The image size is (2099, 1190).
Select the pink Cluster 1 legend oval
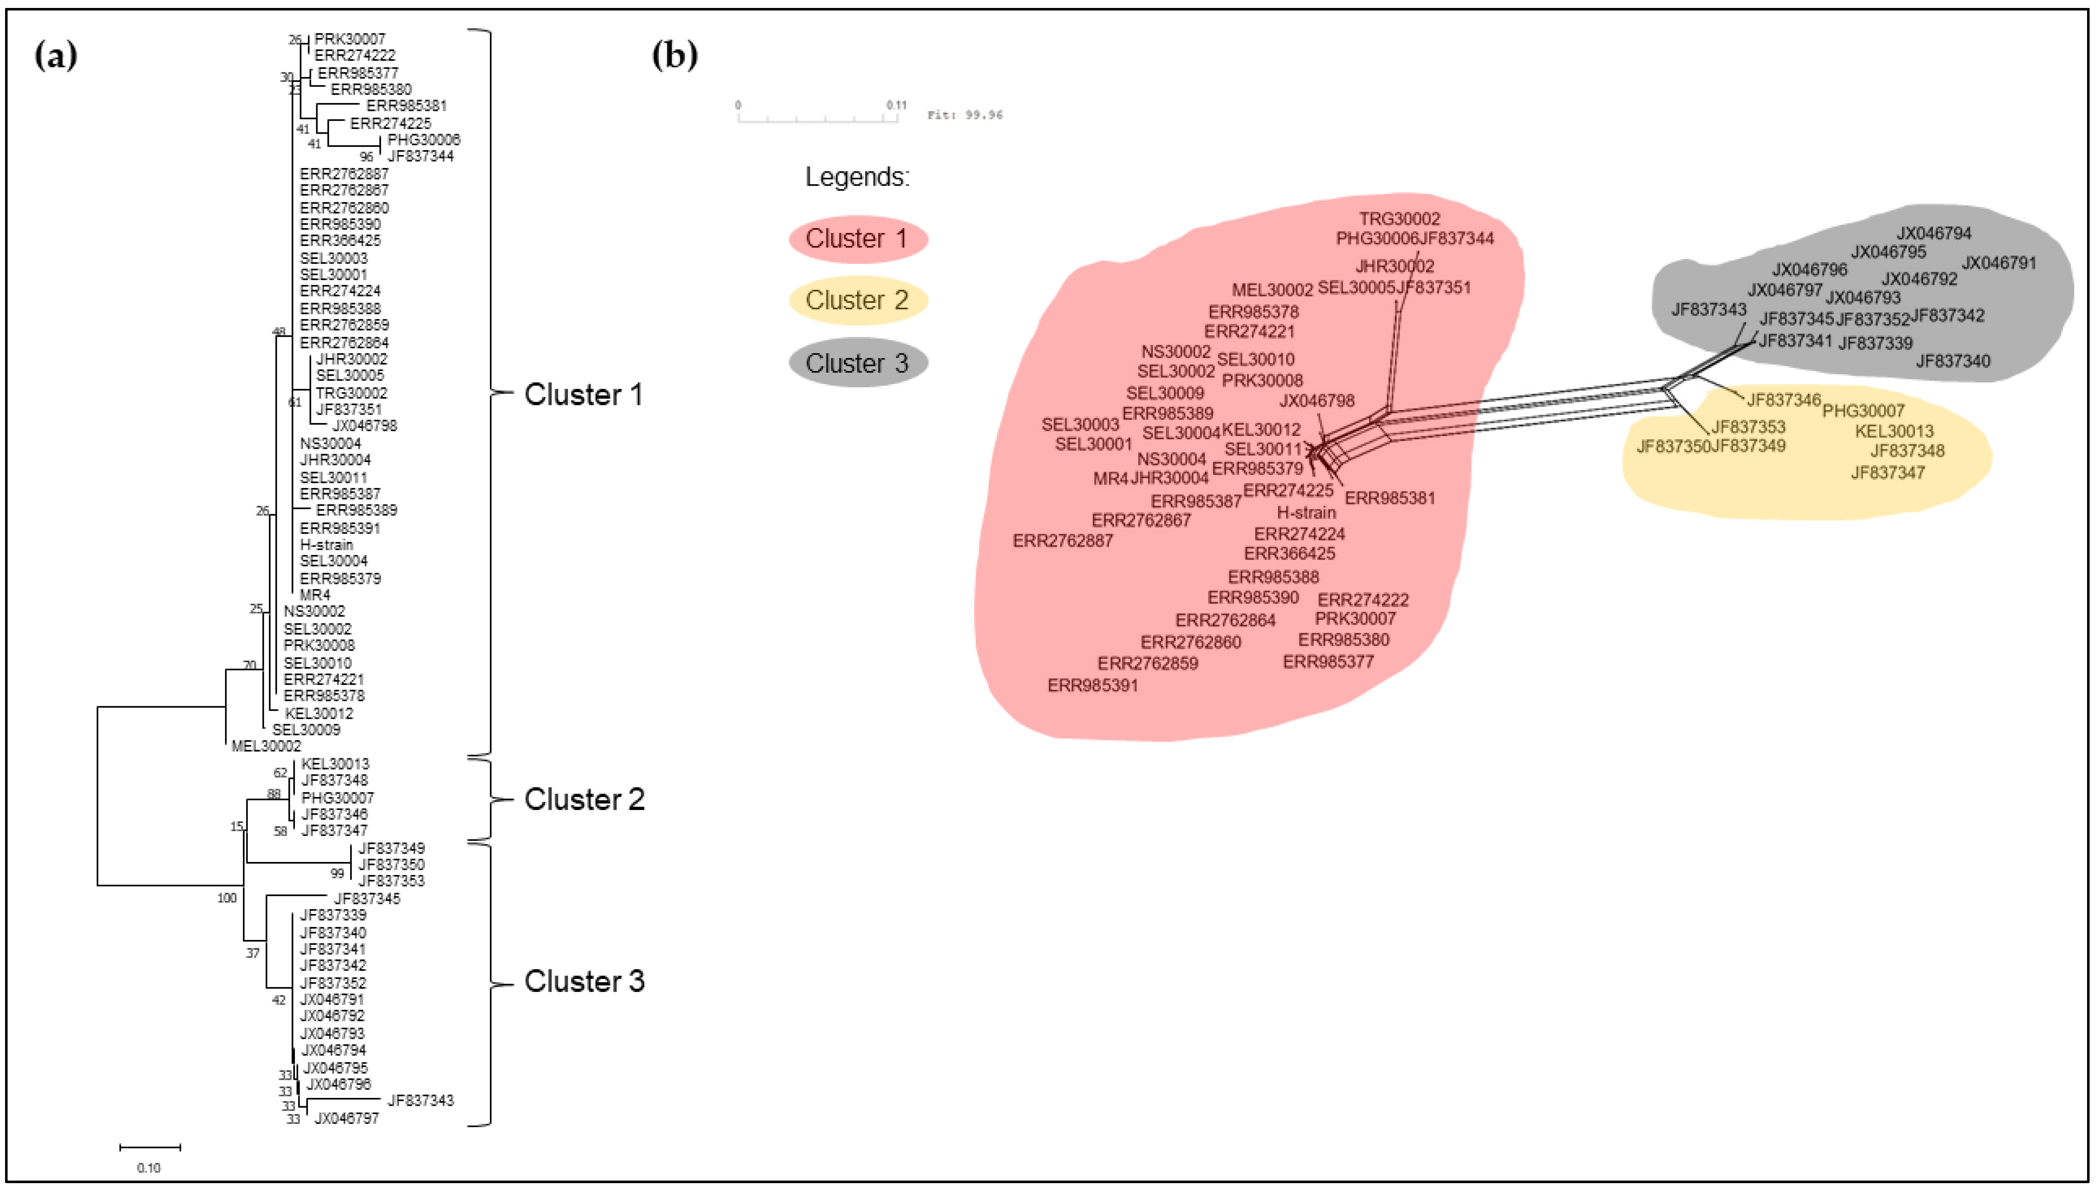[x=857, y=239]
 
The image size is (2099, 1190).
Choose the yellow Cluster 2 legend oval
[x=857, y=300]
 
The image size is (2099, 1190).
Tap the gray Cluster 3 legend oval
[x=857, y=363]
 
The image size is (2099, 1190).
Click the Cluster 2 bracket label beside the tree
[x=584, y=799]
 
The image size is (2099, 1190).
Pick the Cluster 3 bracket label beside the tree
[x=584, y=981]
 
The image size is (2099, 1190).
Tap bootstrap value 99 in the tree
[x=337, y=874]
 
